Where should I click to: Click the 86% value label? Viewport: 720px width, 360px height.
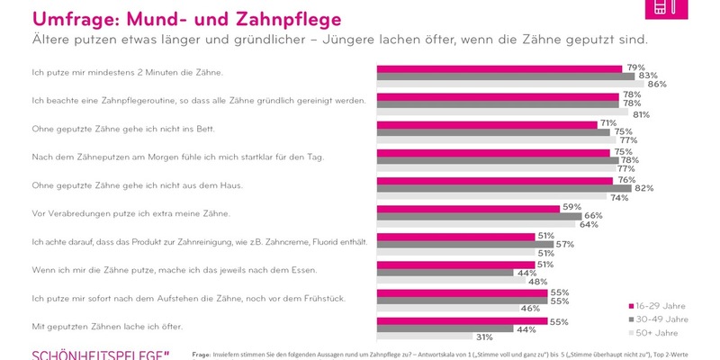pyautogui.click(x=657, y=84)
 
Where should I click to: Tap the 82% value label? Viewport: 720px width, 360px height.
pyautogui.click(x=644, y=188)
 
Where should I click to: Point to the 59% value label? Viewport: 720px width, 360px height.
pyautogui.click(x=570, y=207)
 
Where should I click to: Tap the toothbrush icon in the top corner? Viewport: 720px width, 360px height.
pyautogui.click(x=661, y=7)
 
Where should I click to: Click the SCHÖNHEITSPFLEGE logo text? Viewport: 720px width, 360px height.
pyautogui.click(x=99, y=354)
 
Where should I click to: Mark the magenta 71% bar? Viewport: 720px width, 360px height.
pyautogui.click(x=486, y=123)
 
